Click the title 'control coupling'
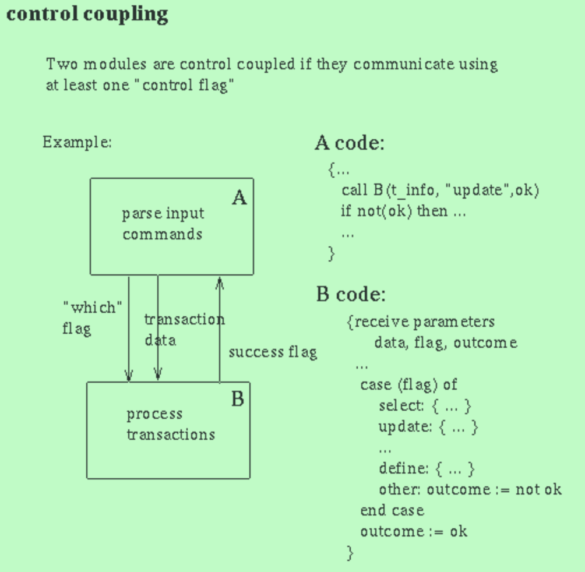coord(87,14)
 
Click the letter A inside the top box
coord(239,198)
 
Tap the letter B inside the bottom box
coord(238,400)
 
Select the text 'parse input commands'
coord(163,224)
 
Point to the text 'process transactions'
coord(170,425)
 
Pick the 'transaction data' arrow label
coord(184,329)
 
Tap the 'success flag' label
coord(273,352)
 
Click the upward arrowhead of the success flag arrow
coord(220,283)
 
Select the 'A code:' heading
coord(350,143)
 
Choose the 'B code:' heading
coord(351,294)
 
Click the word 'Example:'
coord(77,142)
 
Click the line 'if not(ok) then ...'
coord(403,211)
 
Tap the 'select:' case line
coord(424,405)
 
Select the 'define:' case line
coord(427,468)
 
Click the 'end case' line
coord(392,511)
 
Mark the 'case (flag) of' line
coord(408,384)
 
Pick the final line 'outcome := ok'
coord(414,531)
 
